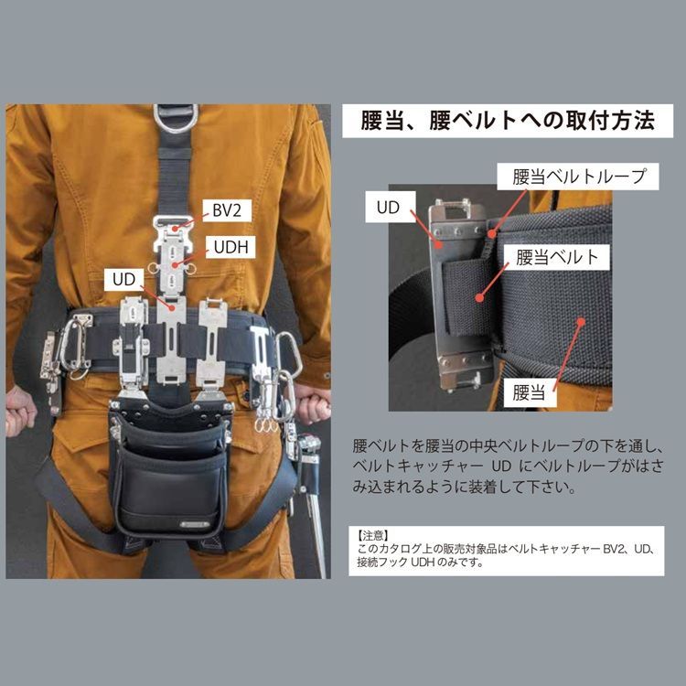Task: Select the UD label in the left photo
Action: (x=125, y=278)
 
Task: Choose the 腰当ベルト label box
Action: (x=557, y=257)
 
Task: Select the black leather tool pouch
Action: (x=166, y=476)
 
